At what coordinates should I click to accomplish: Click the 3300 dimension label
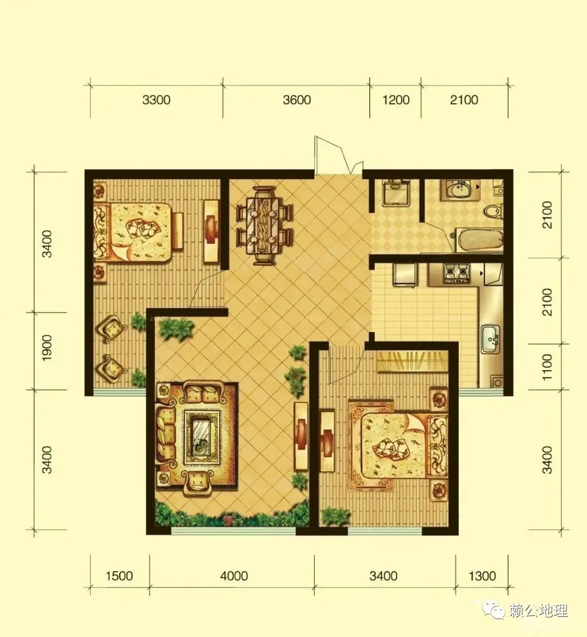(157, 100)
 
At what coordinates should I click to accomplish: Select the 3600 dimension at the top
(297, 100)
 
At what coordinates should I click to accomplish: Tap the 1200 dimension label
(396, 100)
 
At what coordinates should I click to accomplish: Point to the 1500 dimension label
(119, 576)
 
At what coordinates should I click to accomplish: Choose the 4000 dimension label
(234, 576)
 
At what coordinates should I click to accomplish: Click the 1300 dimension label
(482, 576)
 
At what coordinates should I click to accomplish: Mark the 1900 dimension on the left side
(47, 348)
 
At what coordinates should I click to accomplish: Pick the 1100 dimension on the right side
(547, 367)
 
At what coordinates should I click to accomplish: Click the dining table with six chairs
(265, 226)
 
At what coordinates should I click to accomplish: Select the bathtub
(479, 240)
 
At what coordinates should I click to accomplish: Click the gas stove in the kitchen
(457, 273)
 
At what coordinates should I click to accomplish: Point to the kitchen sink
(491, 339)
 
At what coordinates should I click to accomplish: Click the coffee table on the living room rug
(202, 437)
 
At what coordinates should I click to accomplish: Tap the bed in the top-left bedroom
(138, 232)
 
